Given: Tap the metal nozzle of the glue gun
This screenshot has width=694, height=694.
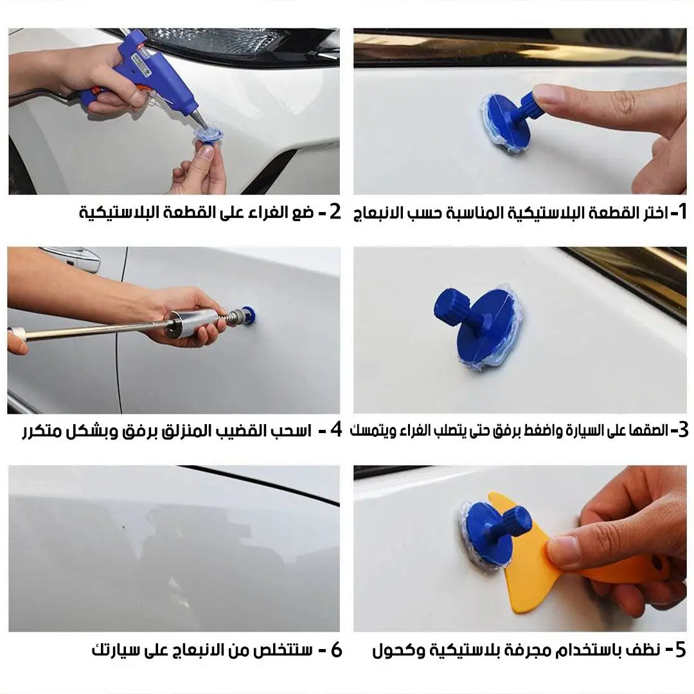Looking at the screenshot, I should (x=200, y=119).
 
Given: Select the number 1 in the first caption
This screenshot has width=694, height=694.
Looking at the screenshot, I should (x=682, y=211).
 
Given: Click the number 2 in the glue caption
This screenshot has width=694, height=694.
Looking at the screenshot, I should (x=334, y=211).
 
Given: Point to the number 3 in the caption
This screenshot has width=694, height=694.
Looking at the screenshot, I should (x=682, y=430).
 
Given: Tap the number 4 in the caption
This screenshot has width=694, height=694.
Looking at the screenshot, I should (x=335, y=430).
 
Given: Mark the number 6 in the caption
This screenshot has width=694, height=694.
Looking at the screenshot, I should (x=335, y=650).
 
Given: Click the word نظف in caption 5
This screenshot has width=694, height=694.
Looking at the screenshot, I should (x=645, y=650).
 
